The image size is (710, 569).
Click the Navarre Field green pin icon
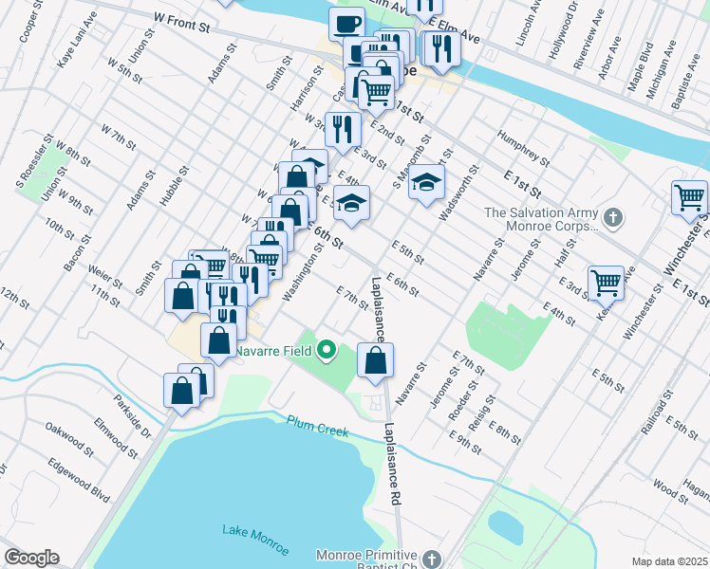tap(327, 351)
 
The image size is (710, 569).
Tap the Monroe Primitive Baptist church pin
tap(432, 559)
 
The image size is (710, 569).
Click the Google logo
tap(31, 558)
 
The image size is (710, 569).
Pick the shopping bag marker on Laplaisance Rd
tap(375, 361)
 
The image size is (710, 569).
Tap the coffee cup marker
tap(346, 24)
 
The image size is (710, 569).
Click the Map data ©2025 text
tap(668, 561)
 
